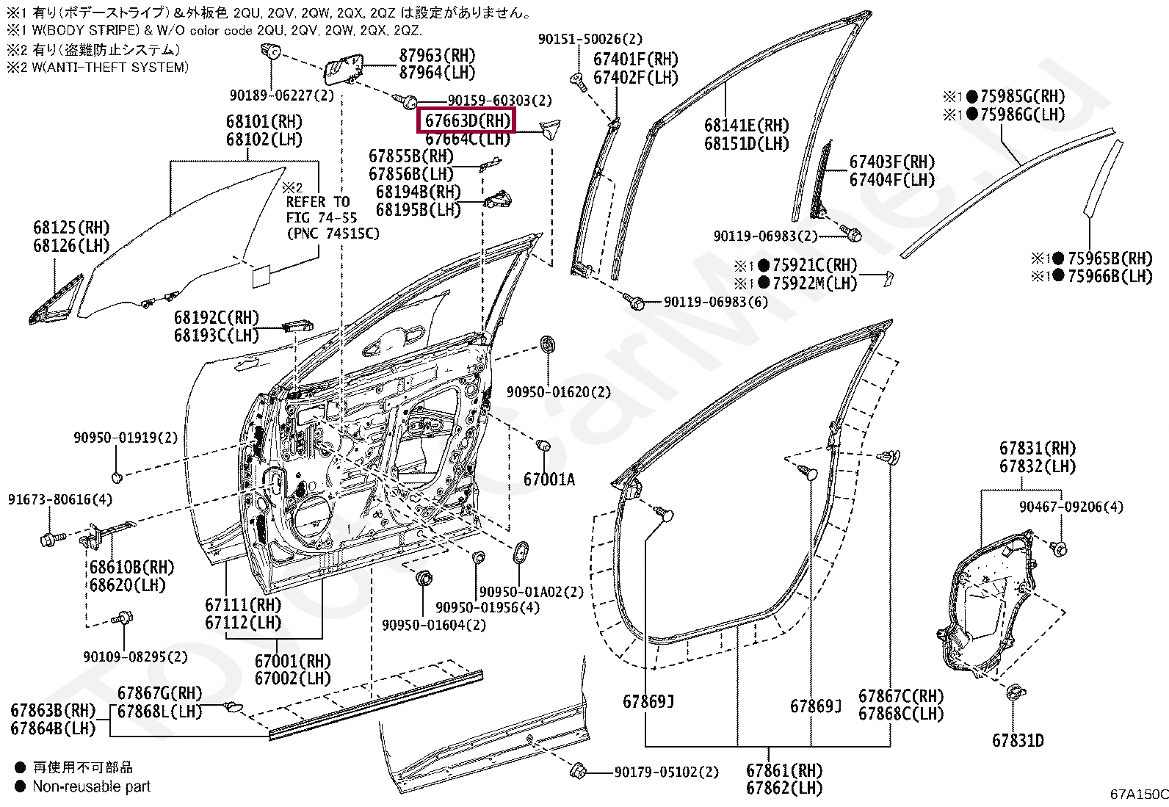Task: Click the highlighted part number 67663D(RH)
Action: tap(467, 120)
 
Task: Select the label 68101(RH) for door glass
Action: tap(264, 122)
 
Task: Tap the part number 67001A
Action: tap(549, 480)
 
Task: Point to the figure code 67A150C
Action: tap(1138, 794)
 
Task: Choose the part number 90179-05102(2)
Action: tap(666, 772)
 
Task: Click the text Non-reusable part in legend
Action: tap(91, 786)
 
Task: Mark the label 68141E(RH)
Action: tap(746, 126)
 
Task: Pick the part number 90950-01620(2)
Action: tap(558, 392)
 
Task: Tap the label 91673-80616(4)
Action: tap(60, 499)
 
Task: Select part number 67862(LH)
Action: tap(783, 788)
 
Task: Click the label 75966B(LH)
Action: tap(1110, 276)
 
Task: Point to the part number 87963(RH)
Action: tap(437, 56)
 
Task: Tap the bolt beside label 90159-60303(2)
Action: tap(405, 99)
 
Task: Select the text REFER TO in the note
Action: tap(317, 202)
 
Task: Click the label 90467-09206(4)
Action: tap(1071, 507)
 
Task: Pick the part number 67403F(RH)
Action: tap(891, 162)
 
